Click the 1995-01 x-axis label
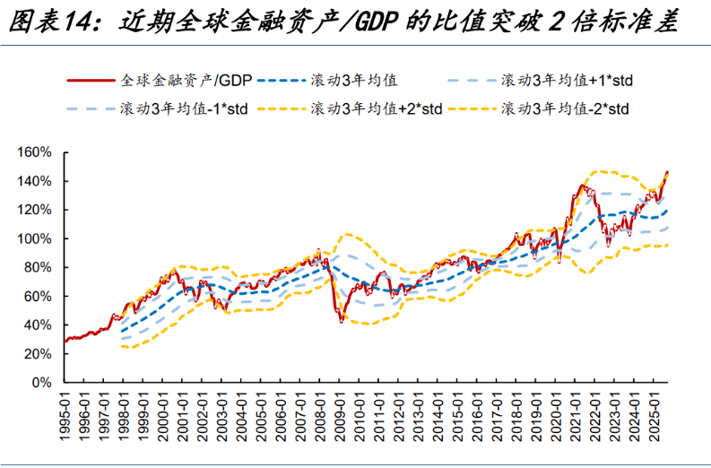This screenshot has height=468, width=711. click(x=66, y=415)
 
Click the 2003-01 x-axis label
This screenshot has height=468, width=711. click(x=222, y=415)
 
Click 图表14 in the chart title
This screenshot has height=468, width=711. click(x=50, y=21)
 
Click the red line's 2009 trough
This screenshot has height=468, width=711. click(x=341, y=320)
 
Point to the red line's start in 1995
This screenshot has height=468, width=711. click(x=65, y=341)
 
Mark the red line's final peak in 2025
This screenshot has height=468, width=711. click(x=667, y=172)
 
